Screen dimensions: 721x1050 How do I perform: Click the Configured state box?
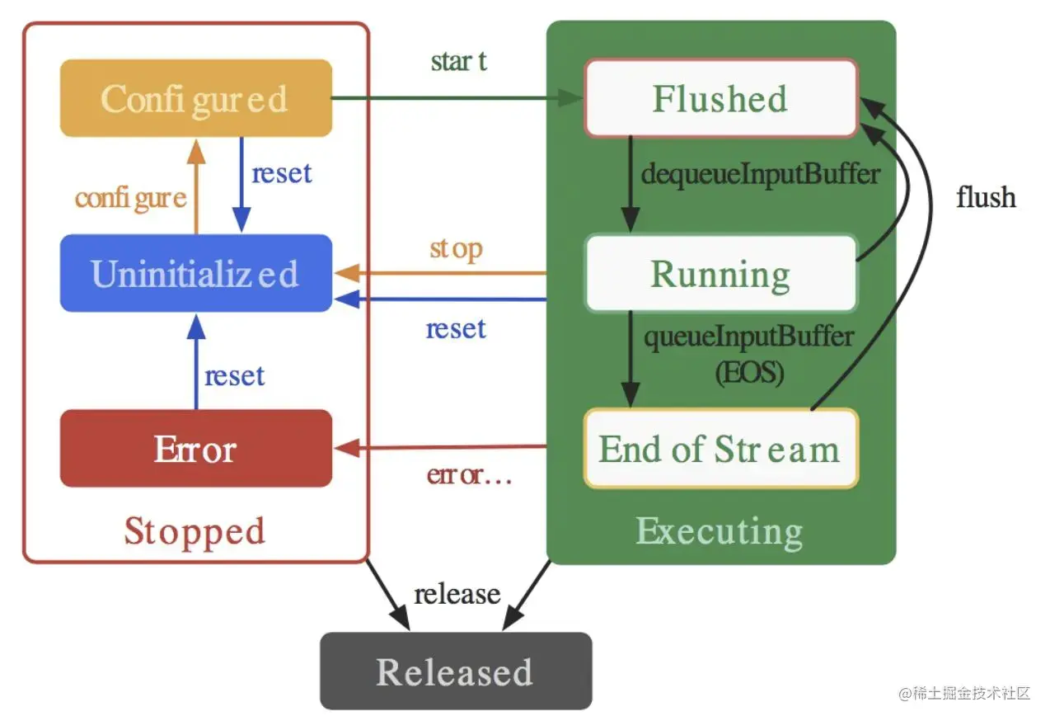click(x=195, y=98)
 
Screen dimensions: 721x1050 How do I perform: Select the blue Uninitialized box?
click(x=195, y=273)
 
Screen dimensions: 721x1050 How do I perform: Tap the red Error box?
click(x=195, y=449)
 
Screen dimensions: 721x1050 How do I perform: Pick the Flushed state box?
click(x=720, y=98)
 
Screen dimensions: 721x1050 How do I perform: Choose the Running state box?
click(x=720, y=273)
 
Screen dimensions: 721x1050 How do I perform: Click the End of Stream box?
click(x=720, y=449)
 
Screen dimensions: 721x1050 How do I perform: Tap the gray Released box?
click(x=455, y=672)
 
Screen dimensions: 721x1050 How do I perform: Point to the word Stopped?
click(x=195, y=530)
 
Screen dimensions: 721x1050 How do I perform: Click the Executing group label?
click(x=720, y=530)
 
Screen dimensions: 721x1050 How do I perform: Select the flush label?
click(x=986, y=197)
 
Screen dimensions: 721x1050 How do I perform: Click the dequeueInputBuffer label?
click(x=761, y=174)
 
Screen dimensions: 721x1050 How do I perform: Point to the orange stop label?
click(x=456, y=248)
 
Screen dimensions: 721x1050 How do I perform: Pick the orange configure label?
click(x=130, y=198)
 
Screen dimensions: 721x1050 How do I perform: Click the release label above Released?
click(x=457, y=594)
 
